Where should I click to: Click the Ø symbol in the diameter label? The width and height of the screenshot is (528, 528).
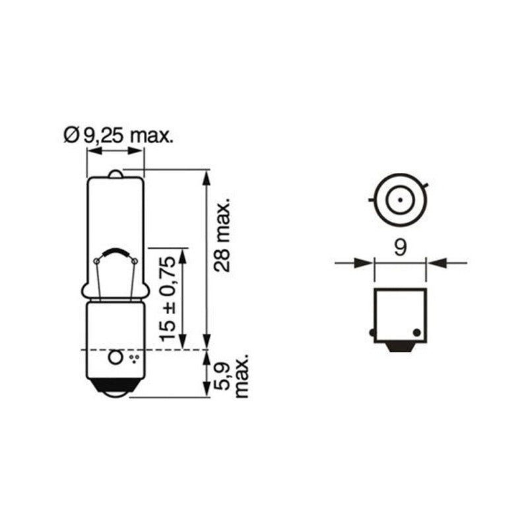[71, 136]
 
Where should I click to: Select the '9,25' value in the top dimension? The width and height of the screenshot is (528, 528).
[102, 136]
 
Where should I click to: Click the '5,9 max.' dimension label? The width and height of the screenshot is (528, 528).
[233, 374]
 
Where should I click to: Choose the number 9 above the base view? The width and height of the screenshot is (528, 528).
[400, 247]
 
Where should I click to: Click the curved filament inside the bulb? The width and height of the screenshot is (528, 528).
[116, 253]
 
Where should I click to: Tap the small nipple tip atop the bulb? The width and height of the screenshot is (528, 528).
[115, 174]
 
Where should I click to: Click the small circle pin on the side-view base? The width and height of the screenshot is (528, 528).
[115, 357]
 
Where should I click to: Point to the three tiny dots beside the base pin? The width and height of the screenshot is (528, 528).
[134, 358]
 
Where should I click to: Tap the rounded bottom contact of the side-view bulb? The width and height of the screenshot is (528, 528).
[115, 391]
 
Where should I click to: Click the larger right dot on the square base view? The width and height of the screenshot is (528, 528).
[416, 332]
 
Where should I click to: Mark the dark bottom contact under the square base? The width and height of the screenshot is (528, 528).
[401, 347]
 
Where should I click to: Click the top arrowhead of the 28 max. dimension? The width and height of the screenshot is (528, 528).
[207, 176]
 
